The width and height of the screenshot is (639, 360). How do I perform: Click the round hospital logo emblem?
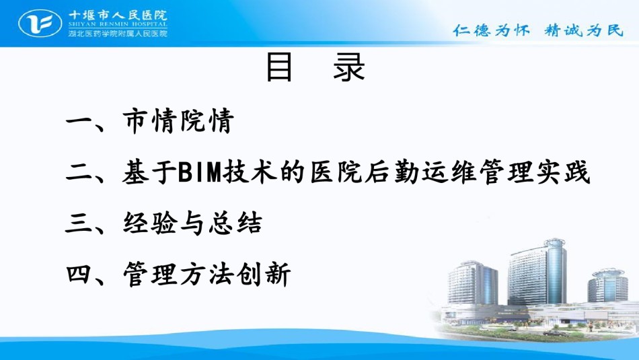point(40,24)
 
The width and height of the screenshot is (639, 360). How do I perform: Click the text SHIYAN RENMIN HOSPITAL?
point(118,24)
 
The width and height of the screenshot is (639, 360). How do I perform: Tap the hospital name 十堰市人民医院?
point(118,15)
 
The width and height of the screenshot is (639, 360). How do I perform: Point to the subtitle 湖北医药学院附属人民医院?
point(118,33)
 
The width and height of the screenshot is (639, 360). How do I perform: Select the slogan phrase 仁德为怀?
point(492,30)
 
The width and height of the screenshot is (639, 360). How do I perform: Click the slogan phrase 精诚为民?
point(584,30)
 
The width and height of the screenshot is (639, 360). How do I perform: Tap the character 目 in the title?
point(279,67)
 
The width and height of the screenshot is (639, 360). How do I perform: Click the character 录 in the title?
point(349,67)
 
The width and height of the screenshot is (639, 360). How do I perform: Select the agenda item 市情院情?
point(178,120)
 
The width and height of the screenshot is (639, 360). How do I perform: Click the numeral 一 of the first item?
point(79,121)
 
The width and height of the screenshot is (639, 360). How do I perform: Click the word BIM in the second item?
point(199,172)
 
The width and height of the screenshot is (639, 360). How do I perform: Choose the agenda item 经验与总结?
point(192,223)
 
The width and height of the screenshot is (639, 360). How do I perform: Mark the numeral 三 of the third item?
point(79,223)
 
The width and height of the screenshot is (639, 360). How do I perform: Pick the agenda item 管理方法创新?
point(206,274)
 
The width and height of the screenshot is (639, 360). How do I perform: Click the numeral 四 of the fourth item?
point(79,274)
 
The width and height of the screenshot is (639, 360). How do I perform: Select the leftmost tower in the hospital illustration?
point(473,283)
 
